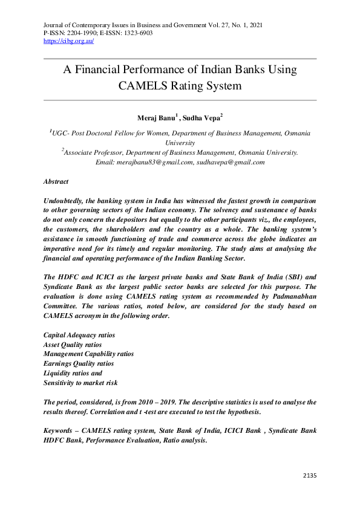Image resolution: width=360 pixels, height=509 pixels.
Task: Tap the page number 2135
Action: (x=309, y=476)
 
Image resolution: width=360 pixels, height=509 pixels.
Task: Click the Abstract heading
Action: (x=56, y=181)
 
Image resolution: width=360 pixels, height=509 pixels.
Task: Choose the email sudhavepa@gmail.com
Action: (x=231, y=162)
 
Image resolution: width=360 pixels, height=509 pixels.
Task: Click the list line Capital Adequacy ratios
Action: (x=79, y=335)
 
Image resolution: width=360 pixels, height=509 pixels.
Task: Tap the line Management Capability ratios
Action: (x=88, y=354)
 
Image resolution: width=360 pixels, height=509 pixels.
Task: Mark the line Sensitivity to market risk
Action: (x=80, y=383)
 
